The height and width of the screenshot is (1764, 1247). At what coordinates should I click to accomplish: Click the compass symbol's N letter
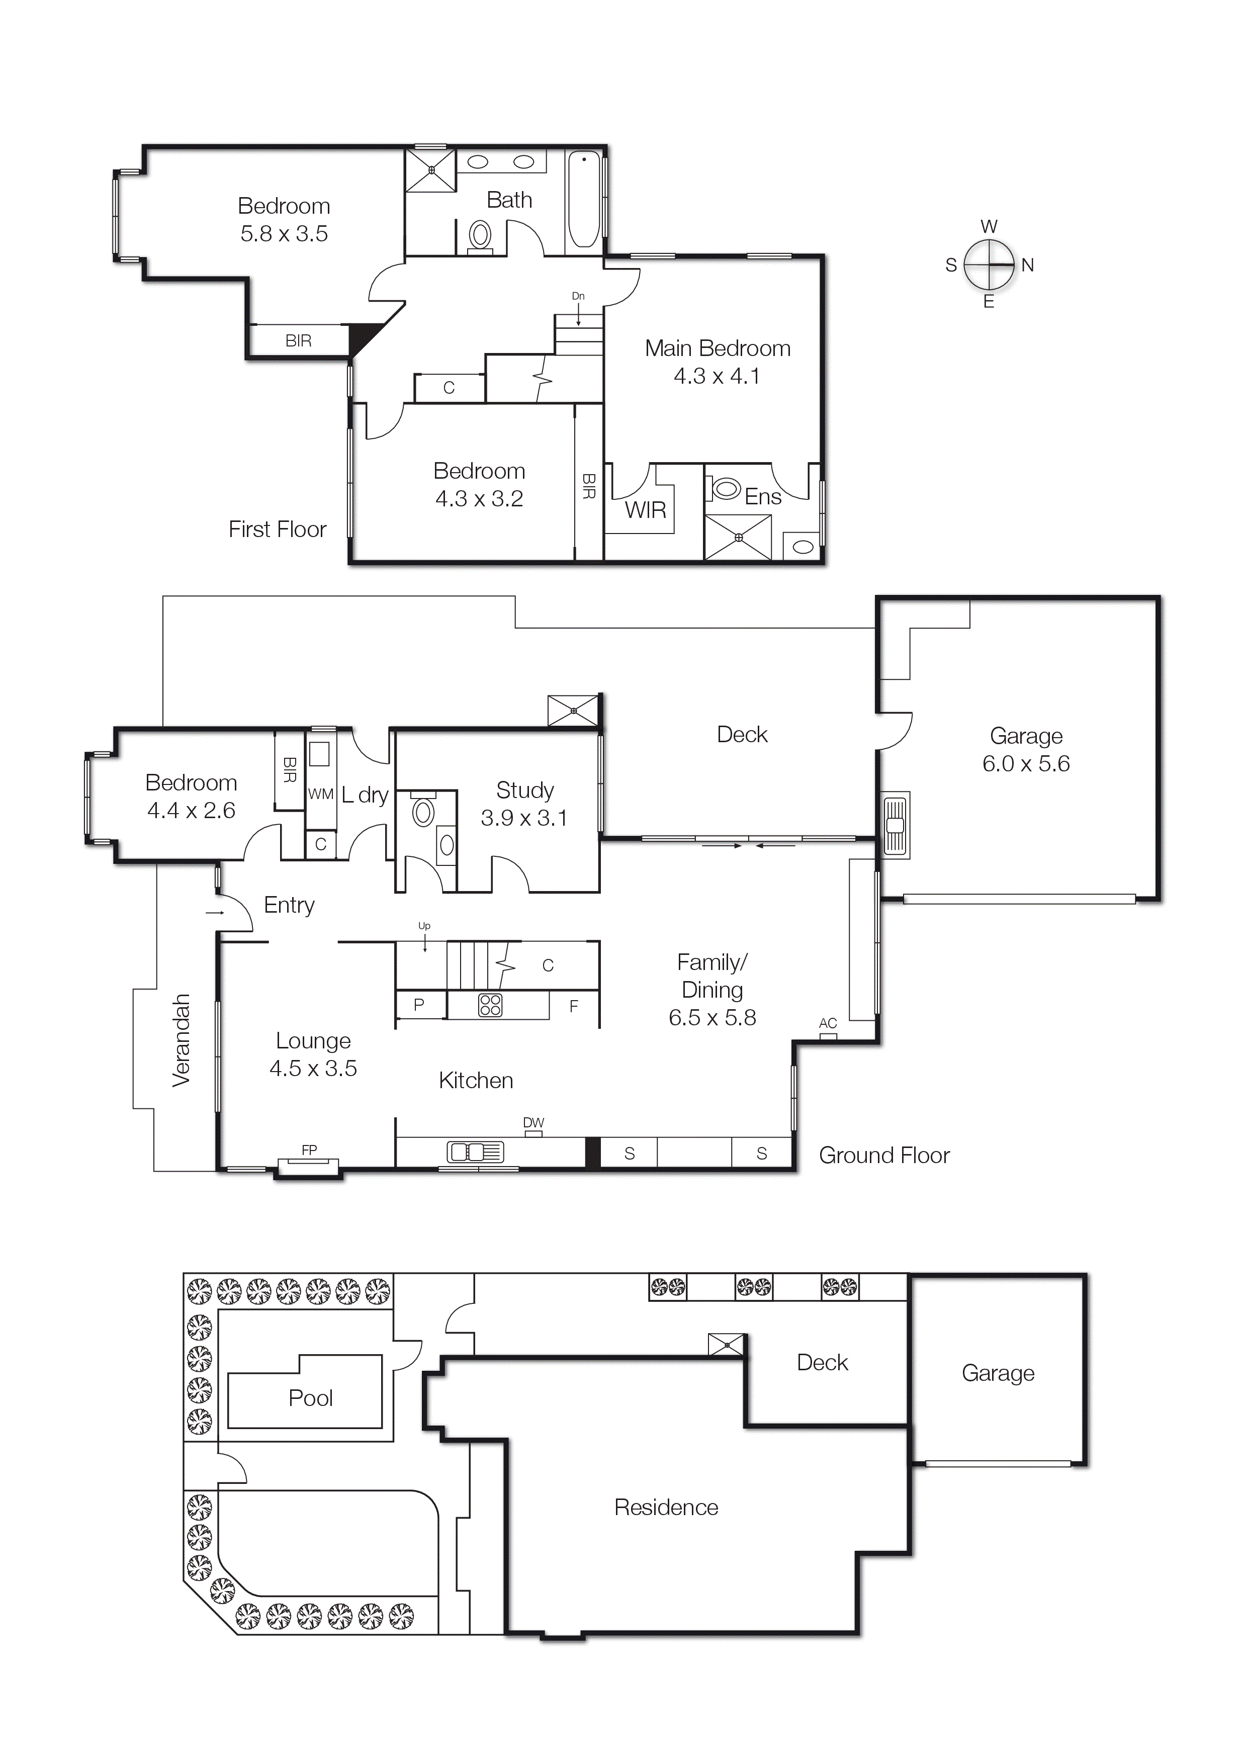tap(1027, 265)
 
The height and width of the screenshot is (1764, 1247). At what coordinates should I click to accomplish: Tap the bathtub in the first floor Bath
tap(584, 200)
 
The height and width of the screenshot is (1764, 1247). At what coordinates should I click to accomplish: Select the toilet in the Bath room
tap(480, 235)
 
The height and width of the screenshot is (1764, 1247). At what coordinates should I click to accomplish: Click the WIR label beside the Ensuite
tap(646, 510)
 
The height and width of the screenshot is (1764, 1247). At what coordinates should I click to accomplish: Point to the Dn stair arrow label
tap(578, 296)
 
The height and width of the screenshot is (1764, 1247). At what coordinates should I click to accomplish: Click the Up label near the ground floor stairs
tap(424, 926)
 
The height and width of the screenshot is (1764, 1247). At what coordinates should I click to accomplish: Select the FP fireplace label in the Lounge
tap(309, 1150)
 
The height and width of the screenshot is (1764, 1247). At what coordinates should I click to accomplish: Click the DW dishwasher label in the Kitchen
tap(533, 1122)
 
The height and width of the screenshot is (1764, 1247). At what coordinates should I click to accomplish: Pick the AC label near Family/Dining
tap(828, 1023)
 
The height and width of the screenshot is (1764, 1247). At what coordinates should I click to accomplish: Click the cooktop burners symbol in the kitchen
tap(490, 1005)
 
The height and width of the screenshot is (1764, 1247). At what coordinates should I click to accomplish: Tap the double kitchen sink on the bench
tap(475, 1152)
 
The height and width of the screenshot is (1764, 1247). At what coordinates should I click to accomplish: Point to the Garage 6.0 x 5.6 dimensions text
tap(1026, 764)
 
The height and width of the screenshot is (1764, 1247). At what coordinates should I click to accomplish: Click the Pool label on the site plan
tap(310, 1398)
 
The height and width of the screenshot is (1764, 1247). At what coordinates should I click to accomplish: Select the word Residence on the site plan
tap(666, 1508)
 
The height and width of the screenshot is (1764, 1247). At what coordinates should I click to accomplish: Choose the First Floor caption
tap(278, 530)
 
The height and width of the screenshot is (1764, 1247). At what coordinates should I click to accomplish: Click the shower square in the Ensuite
tap(738, 537)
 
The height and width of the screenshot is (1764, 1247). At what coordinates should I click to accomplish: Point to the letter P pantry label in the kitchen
tap(419, 1004)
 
